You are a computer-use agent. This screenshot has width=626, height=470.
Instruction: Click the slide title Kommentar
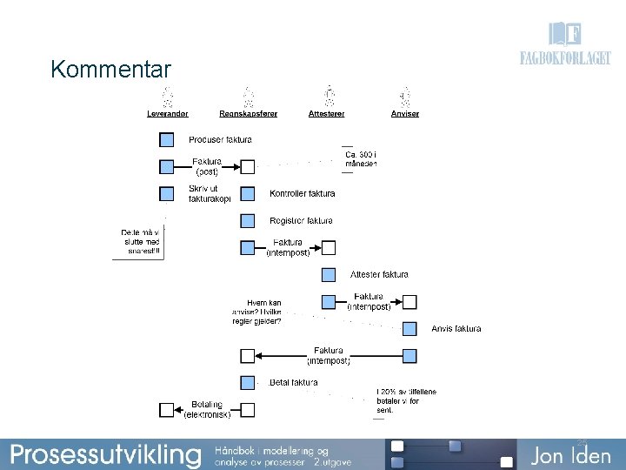110,69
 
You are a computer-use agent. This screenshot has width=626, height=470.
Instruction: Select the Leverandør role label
168,114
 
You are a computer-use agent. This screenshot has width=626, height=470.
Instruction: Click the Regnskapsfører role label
249,114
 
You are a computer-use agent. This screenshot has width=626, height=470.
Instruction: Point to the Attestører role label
327,114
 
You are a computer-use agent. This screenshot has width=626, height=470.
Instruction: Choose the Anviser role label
405,114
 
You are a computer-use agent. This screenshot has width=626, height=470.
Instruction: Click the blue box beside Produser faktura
167,139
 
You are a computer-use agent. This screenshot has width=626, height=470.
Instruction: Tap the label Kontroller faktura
302,193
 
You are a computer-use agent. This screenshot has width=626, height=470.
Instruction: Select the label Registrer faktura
301,220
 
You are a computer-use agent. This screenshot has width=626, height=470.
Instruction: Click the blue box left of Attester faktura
329,275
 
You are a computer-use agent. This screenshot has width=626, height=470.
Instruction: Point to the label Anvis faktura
456,329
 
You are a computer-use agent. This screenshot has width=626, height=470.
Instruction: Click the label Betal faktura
293,382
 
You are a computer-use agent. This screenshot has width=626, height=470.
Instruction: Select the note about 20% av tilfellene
406,400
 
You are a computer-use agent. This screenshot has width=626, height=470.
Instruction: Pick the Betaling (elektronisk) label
207,409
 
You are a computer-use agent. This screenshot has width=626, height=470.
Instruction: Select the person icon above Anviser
405,95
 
